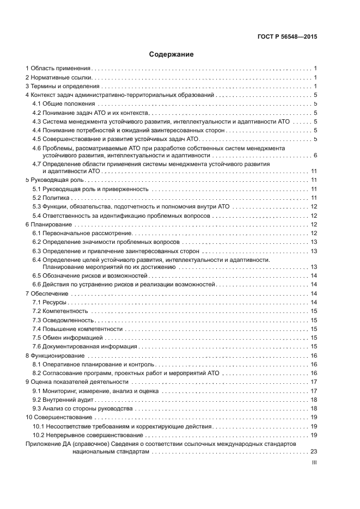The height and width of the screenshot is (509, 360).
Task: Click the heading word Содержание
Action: pyautogui.click(x=172, y=54)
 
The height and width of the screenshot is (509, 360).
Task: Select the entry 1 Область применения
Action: pyautogui.click(x=58, y=69)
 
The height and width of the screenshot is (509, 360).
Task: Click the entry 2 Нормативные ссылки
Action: pyautogui.click(x=58, y=77)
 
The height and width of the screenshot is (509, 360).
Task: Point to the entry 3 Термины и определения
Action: pyautogui.click(x=63, y=86)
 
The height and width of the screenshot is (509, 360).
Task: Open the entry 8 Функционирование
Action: pyautogui.click(x=53, y=355)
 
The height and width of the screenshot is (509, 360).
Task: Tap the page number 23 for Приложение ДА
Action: pyautogui.click(x=313, y=451)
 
